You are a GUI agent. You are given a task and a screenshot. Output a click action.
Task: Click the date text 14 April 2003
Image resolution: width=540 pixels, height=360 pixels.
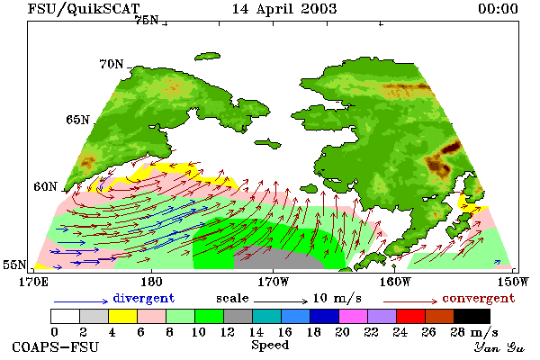(284, 9)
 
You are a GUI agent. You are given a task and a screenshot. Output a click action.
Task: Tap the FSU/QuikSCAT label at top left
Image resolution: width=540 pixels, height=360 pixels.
(84, 9)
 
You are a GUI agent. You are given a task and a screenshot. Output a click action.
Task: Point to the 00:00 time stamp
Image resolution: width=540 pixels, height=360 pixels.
(498, 9)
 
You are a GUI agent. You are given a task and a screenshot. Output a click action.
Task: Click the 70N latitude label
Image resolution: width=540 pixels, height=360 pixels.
(112, 64)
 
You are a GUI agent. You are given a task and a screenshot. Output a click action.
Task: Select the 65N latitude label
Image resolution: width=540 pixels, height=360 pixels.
(77, 120)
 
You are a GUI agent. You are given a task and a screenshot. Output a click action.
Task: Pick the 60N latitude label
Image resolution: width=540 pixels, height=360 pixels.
(45, 186)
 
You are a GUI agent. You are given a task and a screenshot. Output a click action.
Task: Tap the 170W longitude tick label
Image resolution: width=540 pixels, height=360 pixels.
(273, 282)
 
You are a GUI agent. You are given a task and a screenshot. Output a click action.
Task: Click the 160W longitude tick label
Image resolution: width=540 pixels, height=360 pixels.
(395, 282)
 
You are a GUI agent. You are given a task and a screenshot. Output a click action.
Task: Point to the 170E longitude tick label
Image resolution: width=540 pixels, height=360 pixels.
(33, 282)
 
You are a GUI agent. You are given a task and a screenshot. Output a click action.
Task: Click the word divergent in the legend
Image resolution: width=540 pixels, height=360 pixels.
(144, 298)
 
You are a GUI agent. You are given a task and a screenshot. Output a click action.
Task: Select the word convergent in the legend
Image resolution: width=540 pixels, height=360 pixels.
(479, 298)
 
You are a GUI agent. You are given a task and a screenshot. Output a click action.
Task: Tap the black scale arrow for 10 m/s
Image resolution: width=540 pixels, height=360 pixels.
(281, 301)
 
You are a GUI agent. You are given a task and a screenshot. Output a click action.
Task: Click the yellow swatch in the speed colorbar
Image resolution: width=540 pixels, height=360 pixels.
(122, 316)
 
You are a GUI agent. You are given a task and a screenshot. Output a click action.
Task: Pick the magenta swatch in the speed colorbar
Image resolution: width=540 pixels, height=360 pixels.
(354, 316)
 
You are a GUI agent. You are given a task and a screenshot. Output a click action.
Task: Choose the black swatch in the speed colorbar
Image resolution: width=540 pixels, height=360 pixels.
(472, 316)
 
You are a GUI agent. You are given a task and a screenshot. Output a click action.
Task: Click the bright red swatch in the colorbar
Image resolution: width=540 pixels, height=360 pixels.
(411, 316)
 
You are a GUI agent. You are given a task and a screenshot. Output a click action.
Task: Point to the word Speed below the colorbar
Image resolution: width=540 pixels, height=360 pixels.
(270, 346)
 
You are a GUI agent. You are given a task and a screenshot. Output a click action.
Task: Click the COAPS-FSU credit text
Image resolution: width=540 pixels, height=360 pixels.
(56, 346)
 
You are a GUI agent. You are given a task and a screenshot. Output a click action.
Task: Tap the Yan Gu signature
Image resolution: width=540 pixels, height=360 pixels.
(499, 346)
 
